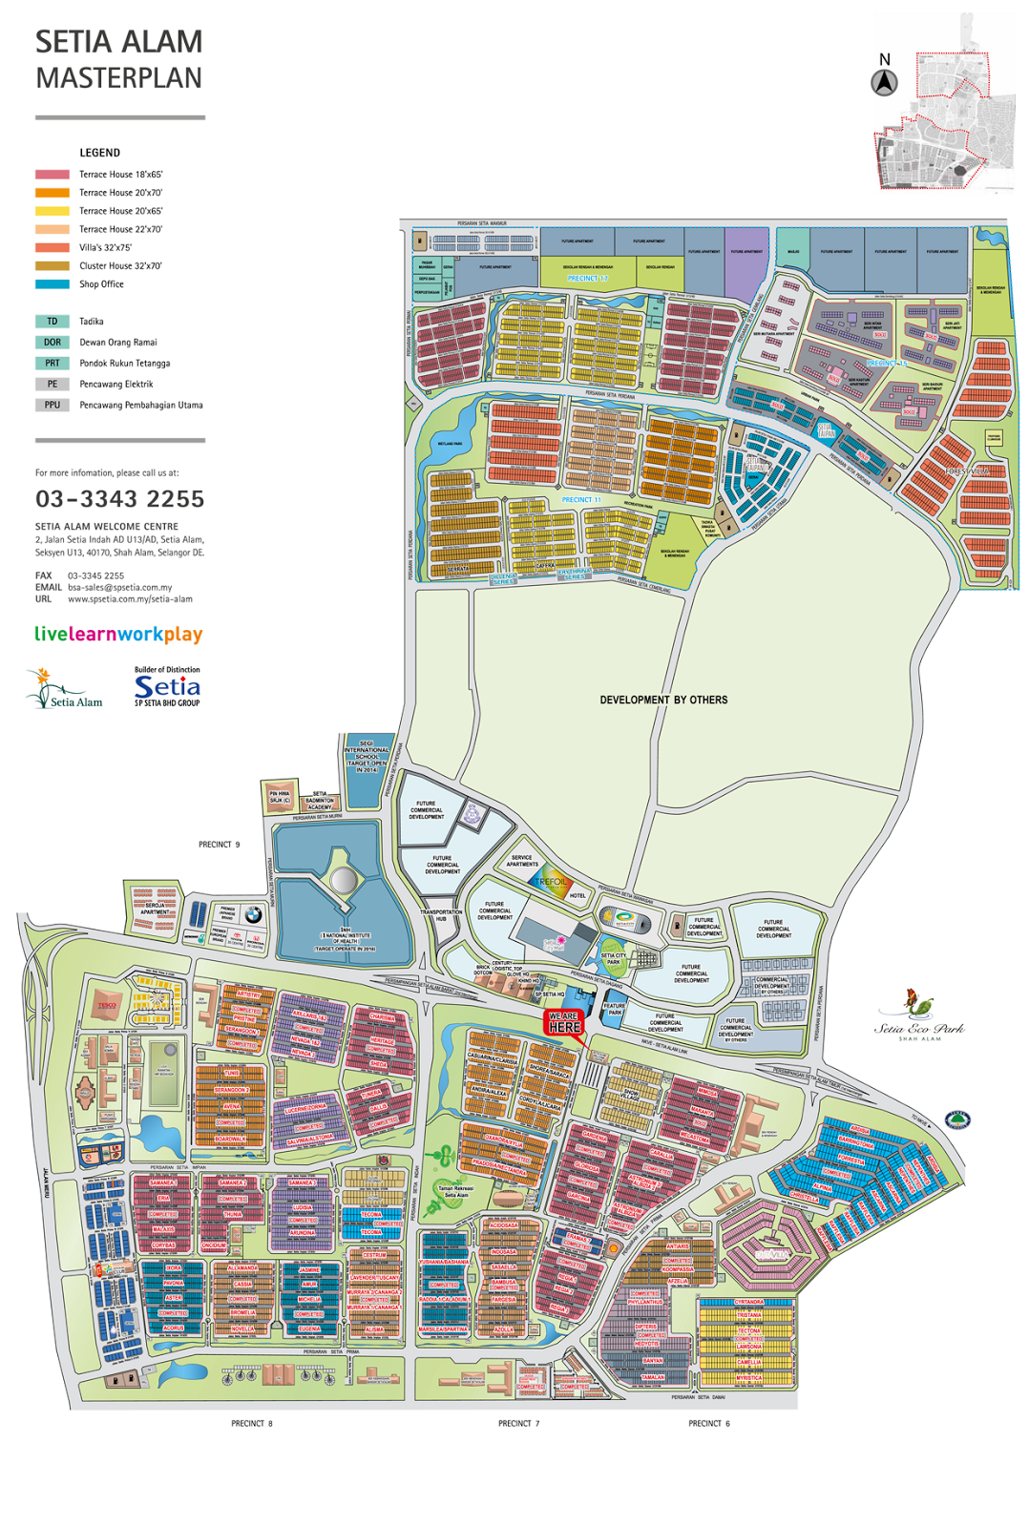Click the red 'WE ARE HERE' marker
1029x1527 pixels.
click(564, 1022)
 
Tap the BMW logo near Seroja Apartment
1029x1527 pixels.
click(253, 914)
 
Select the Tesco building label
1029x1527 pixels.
click(107, 1006)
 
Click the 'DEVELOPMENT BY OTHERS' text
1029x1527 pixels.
click(663, 700)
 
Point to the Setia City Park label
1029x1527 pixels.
click(614, 958)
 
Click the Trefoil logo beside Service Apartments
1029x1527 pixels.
click(552, 883)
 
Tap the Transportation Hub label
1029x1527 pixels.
click(441, 915)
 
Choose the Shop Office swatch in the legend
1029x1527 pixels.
click(52, 284)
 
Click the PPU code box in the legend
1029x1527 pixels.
click(52, 405)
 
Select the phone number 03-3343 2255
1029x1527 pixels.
click(119, 499)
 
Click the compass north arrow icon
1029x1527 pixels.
click(884, 83)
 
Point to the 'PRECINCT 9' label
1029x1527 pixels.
click(219, 845)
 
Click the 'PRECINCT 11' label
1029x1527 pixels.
click(581, 500)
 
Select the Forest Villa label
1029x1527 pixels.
click(966, 471)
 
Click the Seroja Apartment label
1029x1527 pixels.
click(155, 909)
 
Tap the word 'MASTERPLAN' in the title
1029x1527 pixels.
click(118, 78)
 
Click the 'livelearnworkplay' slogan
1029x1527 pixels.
click(118, 634)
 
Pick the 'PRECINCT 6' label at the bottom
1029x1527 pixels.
click(708, 1423)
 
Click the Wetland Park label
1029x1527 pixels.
click(450, 444)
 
